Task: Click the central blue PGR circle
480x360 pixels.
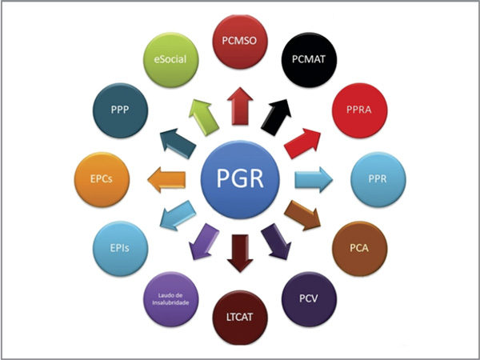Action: tap(240, 178)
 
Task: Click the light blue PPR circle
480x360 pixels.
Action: tap(378, 178)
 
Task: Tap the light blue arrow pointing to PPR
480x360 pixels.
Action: tap(312, 178)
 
